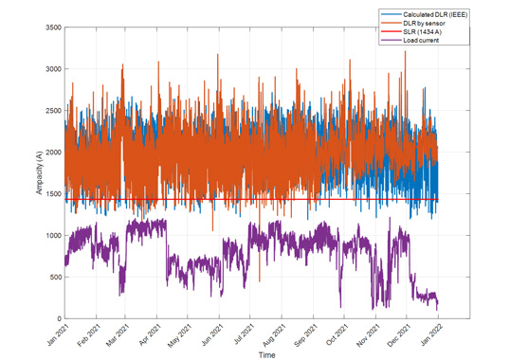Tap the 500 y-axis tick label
pyautogui.click(x=53, y=278)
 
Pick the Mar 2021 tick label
pyautogui.click(x=118, y=334)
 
